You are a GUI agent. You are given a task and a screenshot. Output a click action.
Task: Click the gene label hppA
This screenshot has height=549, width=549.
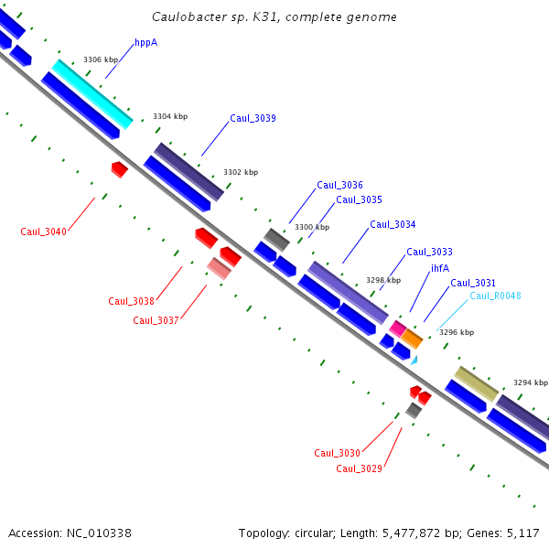click(146, 42)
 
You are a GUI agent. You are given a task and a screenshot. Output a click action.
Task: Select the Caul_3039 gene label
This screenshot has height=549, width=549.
click(253, 118)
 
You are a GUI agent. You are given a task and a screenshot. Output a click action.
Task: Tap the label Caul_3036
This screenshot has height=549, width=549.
click(339, 185)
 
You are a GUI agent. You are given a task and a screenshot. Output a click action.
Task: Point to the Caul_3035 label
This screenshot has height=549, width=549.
click(359, 199)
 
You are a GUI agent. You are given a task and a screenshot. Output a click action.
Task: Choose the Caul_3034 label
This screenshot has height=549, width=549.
click(393, 224)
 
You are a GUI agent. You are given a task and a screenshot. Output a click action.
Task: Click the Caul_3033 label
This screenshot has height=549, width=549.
click(429, 252)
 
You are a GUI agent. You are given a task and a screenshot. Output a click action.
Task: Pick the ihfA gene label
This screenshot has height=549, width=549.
click(440, 268)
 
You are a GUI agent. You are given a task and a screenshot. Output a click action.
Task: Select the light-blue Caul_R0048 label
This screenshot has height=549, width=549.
click(495, 296)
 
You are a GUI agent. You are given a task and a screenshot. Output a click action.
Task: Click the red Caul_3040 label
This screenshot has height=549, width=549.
click(43, 231)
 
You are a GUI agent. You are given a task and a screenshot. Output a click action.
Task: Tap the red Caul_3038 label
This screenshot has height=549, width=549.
click(131, 301)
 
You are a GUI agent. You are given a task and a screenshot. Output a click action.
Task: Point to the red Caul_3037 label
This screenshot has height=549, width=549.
click(156, 320)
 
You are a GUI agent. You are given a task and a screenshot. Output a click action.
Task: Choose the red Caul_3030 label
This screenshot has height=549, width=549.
click(337, 453)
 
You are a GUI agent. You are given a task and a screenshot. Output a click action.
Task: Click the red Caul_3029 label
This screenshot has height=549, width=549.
click(359, 468)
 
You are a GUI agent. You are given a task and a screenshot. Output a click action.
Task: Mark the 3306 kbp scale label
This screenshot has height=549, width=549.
click(101, 59)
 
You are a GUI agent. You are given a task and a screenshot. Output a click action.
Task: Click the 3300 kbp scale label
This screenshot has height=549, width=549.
click(311, 227)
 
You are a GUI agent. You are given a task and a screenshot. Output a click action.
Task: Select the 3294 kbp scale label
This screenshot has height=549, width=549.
click(531, 382)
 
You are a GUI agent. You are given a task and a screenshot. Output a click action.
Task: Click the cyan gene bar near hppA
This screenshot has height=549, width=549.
click(92, 92)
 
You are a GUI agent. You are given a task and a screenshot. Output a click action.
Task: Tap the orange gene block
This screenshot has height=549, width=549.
click(412, 339)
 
